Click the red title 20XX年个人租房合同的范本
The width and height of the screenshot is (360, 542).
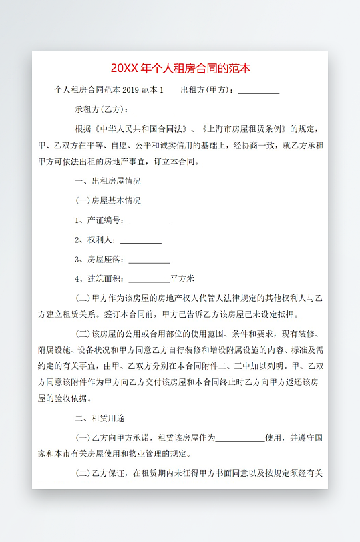point(180,69)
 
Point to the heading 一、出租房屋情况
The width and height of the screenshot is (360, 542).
point(108,181)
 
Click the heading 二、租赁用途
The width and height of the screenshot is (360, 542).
point(100,419)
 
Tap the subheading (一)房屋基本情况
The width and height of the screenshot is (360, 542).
point(108,200)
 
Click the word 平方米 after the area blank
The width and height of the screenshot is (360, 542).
point(182,278)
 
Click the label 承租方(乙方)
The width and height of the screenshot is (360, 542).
point(101,109)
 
